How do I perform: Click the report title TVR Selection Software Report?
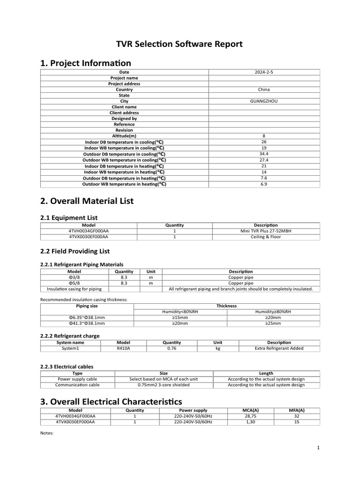[x=180, y=45]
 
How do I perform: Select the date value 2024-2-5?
[x=264, y=72]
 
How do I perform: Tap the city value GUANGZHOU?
[x=264, y=101]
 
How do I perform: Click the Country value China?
[x=264, y=90]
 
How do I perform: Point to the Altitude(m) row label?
[x=124, y=136]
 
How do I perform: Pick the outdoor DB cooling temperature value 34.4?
[x=264, y=154]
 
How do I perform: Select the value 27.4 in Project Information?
[x=264, y=160]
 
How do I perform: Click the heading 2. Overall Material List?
[x=87, y=201]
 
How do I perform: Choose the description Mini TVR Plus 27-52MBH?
[x=266, y=231]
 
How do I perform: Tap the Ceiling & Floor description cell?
[x=266, y=237]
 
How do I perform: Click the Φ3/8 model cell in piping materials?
[x=75, y=277]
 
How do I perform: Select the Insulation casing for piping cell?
[x=75, y=289]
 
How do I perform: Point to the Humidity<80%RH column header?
[x=180, y=312]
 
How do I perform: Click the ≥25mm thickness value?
[x=273, y=323]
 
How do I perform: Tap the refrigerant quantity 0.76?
[x=172, y=348]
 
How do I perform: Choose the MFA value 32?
[x=296, y=416]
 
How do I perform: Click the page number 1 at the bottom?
[x=318, y=448]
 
